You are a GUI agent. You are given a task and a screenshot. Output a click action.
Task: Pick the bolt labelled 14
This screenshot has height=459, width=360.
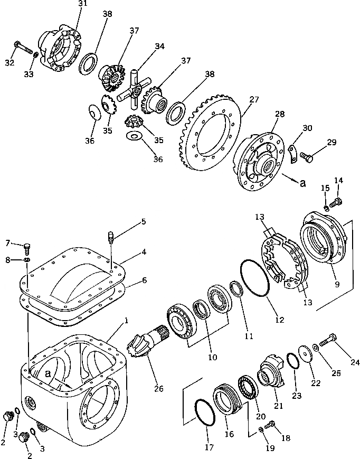tap(335, 201)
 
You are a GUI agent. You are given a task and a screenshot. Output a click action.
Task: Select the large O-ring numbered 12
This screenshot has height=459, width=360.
tap(255, 278)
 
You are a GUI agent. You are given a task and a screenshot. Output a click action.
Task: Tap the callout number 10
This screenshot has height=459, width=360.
tap(212, 357)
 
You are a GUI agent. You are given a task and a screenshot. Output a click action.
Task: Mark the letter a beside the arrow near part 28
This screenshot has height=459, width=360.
tap(303, 183)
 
